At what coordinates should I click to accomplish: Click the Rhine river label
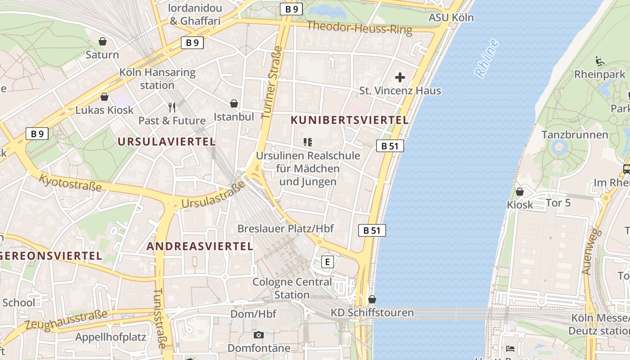pyautogui.click(x=487, y=58)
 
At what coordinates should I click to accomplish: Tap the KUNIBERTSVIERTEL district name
pyautogui.click(x=350, y=120)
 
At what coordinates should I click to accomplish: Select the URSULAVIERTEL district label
pyautogui.click(x=166, y=142)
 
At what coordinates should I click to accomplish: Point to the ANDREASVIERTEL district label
pyautogui.click(x=200, y=246)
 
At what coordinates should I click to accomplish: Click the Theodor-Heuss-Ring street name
pyautogui.click(x=359, y=28)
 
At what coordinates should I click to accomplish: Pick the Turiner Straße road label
pyautogui.click(x=272, y=82)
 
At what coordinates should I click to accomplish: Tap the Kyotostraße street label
pyautogui.click(x=70, y=182)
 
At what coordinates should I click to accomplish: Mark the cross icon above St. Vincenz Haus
pyautogui.click(x=400, y=77)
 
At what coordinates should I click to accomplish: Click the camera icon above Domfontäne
pyautogui.click(x=258, y=335)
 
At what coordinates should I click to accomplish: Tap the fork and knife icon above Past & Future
pyautogui.click(x=171, y=107)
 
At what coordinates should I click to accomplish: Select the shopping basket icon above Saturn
pyautogui.click(x=103, y=42)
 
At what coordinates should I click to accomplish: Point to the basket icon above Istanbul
pyautogui.click(x=234, y=104)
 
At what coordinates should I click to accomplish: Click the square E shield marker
pyautogui.click(x=328, y=261)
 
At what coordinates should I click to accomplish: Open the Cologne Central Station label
pyautogui.click(x=292, y=288)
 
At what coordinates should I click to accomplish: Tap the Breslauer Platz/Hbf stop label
pyautogui.click(x=285, y=229)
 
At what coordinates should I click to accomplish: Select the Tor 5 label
pyautogui.click(x=558, y=203)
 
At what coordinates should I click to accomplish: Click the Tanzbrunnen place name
pyautogui.click(x=575, y=135)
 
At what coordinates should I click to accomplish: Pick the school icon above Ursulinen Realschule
pyautogui.click(x=308, y=143)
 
